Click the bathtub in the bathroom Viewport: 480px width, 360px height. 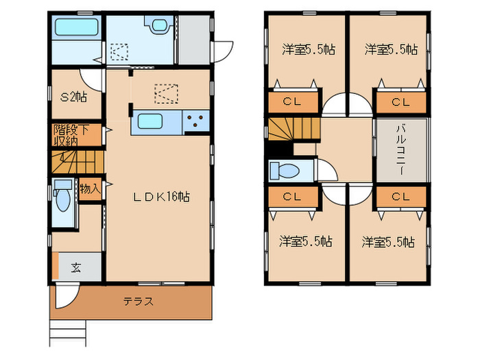click(77, 29)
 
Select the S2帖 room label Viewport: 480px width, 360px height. click(73, 97)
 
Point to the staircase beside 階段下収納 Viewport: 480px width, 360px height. click(76, 163)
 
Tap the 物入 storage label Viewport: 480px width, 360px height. click(90, 187)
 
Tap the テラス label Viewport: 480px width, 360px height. click(138, 301)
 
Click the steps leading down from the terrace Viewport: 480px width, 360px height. click(69, 333)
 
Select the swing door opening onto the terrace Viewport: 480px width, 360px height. click(66, 296)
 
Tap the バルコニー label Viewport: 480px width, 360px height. click(401, 150)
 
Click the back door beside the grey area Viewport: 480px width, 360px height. click(222, 50)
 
